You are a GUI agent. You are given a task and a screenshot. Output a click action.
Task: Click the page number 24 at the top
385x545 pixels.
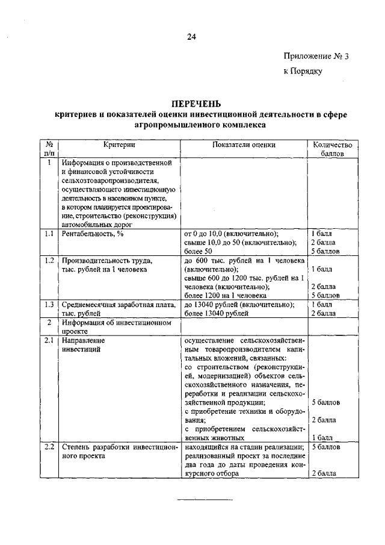coord(191,37)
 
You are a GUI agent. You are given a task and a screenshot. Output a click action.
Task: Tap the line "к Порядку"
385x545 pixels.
coord(304,71)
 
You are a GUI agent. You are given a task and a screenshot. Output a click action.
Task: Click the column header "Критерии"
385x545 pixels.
coord(119,145)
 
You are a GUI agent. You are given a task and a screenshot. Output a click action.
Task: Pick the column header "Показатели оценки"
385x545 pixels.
coord(244,145)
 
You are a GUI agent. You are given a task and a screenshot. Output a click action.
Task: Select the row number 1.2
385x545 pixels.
coord(49,260)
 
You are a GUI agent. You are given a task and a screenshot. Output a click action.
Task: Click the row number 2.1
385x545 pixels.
coord(49,341)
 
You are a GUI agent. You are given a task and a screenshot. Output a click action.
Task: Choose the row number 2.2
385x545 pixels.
coord(49,447)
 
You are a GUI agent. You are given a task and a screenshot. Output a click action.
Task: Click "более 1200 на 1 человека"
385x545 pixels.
coord(226,296)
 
